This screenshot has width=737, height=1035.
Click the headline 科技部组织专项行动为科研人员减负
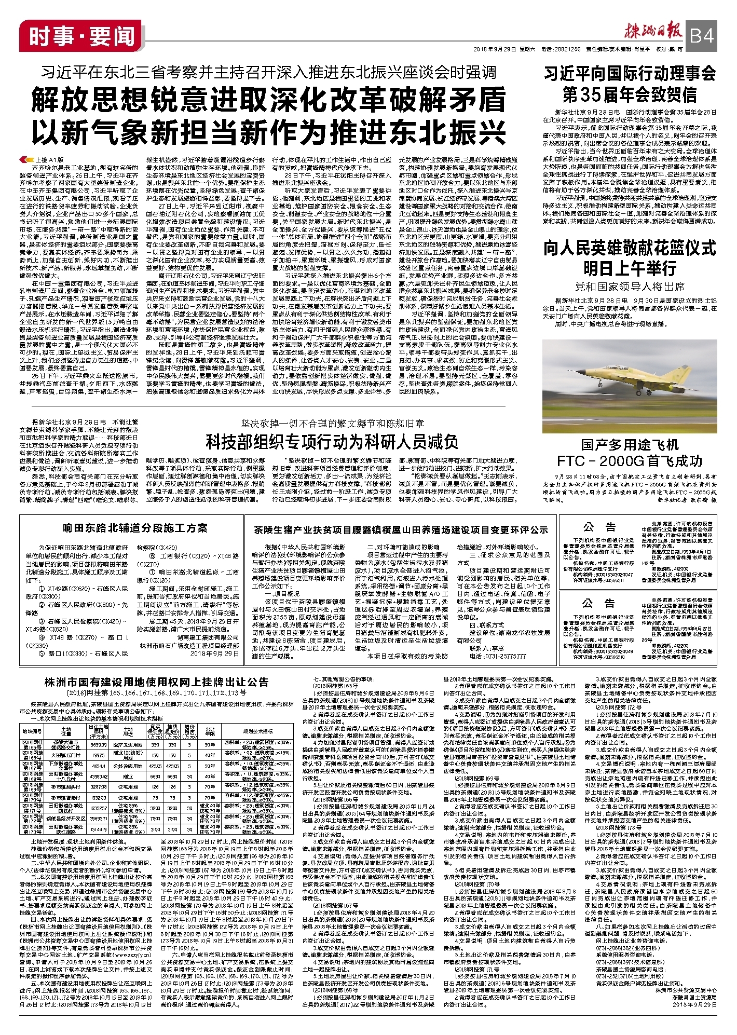point(332,442)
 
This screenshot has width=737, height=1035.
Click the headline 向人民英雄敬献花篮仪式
point(629,248)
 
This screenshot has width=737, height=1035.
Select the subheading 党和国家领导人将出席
point(629,286)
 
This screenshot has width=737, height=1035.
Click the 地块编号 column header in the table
point(32,731)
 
